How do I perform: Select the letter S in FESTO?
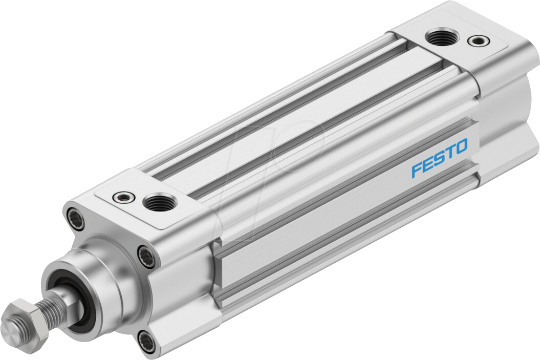pos(439,159)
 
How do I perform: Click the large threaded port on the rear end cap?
pos(439,37)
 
